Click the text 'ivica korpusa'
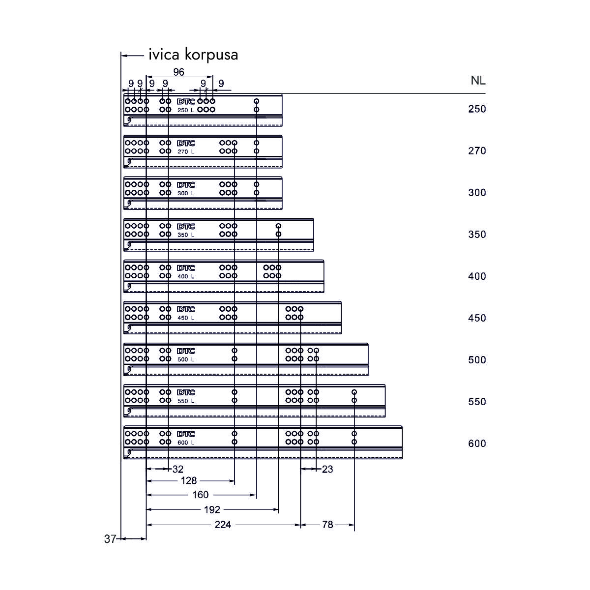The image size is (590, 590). pos(193,55)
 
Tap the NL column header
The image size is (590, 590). pos(478,81)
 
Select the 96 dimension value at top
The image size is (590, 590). pos(178,72)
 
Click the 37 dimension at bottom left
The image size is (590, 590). pos(110,539)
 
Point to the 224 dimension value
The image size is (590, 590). pos(223,525)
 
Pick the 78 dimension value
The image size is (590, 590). pos(327,525)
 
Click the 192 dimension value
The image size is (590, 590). pos(212,510)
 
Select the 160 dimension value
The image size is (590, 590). pos(201,495)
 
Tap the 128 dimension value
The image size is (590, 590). pos(189,480)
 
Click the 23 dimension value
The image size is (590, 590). pos(327,469)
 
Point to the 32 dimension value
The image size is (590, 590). pos(177,469)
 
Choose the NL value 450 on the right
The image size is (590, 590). pos(477,318)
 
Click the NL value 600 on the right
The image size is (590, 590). pos(477,443)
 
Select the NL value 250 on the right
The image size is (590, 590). pos(477,109)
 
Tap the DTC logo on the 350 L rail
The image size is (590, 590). pos(186,227)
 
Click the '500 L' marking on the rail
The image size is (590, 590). pos(186,359)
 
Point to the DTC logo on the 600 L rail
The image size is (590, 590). pos(186,435)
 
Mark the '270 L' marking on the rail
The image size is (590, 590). pos(186,151)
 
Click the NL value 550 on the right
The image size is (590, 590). pos(477,402)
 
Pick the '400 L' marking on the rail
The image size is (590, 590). pos(186,276)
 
